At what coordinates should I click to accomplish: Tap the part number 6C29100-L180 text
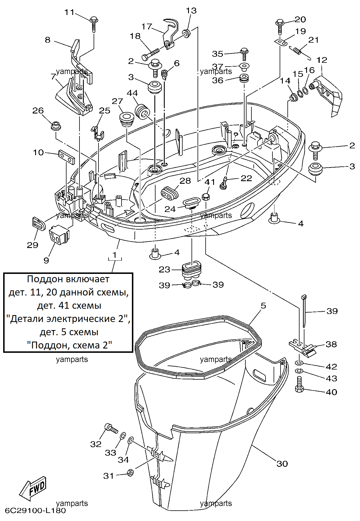pyautogui.click(x=35, y=511)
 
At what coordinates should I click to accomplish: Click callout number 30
pyautogui.click(x=282, y=464)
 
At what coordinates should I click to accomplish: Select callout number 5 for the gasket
pyautogui.click(x=263, y=306)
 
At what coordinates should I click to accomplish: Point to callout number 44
pyautogui.click(x=132, y=93)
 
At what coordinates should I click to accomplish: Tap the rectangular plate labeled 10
pyautogui.click(x=67, y=156)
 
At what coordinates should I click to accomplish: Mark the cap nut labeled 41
pyautogui.click(x=206, y=197)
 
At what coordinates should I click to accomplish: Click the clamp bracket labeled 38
pyautogui.click(x=303, y=348)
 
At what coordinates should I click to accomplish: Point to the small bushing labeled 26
pyautogui.click(x=56, y=126)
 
